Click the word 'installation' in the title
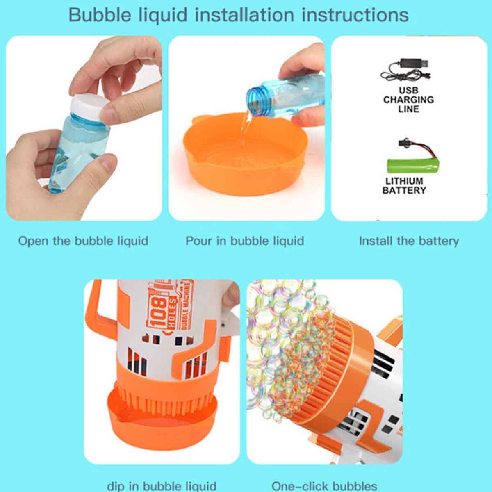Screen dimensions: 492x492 (x=244, y=15)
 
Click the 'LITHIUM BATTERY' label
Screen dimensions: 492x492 (x=404, y=185)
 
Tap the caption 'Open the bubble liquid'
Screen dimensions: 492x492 (x=83, y=241)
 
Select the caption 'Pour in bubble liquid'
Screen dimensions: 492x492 (x=245, y=241)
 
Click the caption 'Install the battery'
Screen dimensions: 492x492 (x=409, y=241)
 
